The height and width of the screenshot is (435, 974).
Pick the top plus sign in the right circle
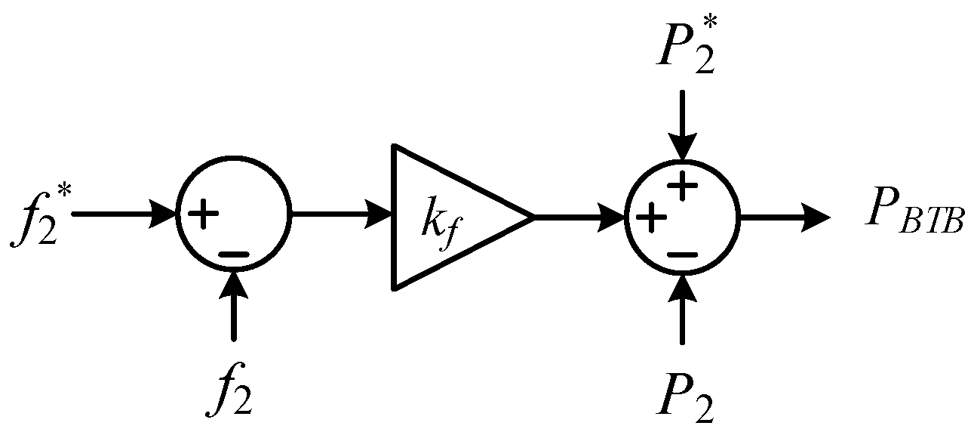click(x=682, y=187)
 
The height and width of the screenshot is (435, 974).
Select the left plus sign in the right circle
click(x=652, y=218)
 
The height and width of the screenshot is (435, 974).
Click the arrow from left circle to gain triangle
click(x=340, y=215)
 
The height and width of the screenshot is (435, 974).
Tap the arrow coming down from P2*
click(x=682, y=125)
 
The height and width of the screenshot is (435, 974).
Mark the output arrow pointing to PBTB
click(x=785, y=217)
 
